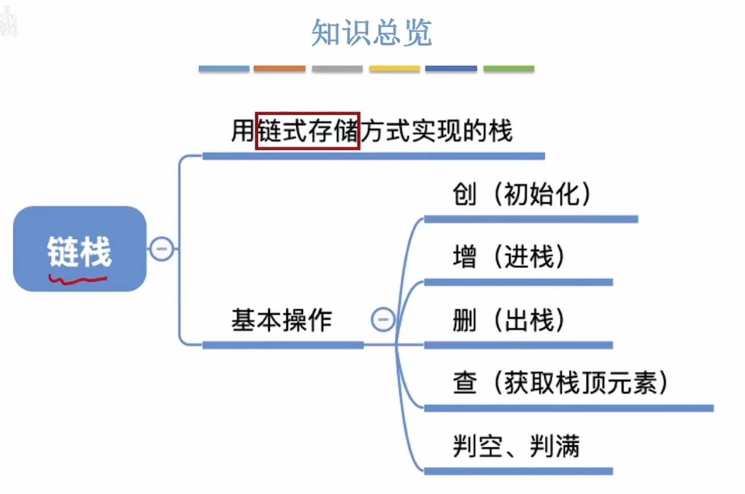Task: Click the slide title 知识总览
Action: [372, 33]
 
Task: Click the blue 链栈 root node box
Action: [80, 249]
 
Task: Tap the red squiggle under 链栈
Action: [78, 279]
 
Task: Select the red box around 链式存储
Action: [308, 131]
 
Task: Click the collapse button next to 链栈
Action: [162, 249]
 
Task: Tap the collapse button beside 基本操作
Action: [383, 319]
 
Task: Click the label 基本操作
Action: [281, 320]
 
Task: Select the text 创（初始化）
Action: [522, 195]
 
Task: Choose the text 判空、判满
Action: [516, 446]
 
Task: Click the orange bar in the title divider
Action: [279, 69]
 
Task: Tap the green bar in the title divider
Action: [508, 69]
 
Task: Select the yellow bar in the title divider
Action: [394, 69]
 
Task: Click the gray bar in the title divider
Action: [337, 69]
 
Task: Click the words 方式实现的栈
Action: [437, 131]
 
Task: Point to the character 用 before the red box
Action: [242, 131]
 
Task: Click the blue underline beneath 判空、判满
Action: [518, 471]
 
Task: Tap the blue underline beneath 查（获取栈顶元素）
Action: [569, 408]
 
